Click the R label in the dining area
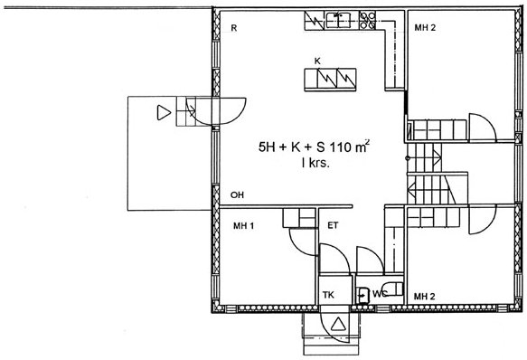coord(234,28)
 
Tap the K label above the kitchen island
coord(317,62)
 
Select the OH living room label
coord(237,194)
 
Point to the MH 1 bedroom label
coord(244,226)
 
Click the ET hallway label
coord(333,225)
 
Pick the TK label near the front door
coord(328,295)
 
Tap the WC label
coord(380,294)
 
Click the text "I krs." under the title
coord(315,164)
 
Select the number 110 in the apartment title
coord(341,147)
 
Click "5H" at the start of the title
coord(267,147)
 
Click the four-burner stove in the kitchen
coord(367,20)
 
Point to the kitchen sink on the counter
coord(338,20)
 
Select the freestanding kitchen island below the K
coord(330,80)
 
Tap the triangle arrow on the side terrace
coord(164,113)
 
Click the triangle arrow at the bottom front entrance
coord(338,324)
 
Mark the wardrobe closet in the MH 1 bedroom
coord(299,218)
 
